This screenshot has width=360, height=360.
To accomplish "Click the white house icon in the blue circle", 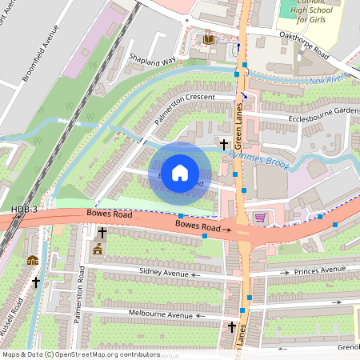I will pos(180,172).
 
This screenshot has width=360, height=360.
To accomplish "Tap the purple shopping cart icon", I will pos(260,218).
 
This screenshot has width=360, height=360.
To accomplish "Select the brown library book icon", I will pos(209,39).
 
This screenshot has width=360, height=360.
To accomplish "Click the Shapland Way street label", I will pos(152,62).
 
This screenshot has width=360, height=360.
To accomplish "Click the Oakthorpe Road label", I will pos(305,46).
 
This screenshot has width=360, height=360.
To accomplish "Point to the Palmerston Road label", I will pos(79,297).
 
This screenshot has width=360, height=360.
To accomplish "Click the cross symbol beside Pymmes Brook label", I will pos(224,144).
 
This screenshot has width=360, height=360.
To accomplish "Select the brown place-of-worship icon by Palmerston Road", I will pos(98,249).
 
